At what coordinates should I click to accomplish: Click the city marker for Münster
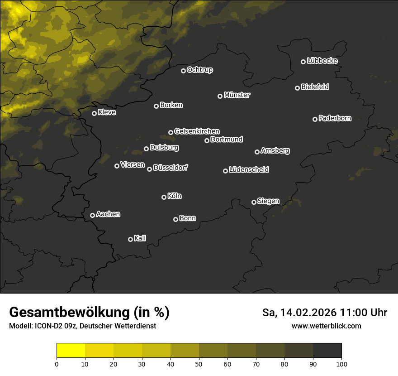coord(220,96)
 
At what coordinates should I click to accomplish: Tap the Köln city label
coord(175,196)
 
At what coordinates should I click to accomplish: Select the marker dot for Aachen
coord(92,215)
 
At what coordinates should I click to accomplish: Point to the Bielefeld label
coord(315,87)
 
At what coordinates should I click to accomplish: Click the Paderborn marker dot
coord(315,119)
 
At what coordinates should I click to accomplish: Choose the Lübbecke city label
coord(322,61)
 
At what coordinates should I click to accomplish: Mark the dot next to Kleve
coord(94,113)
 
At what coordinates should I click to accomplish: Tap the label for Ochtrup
coord(199,70)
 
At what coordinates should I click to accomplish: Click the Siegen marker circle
coord(254,202)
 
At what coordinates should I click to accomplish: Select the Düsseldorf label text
coord(171,168)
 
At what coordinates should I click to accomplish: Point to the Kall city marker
coord(130,239)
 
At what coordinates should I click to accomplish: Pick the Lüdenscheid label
coord(249,170)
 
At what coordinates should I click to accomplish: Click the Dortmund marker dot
coord(207,140)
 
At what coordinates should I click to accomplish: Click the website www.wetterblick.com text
coord(326,326)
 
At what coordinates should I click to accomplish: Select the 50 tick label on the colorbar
coord(199,364)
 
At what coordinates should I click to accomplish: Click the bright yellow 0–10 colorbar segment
coord(71,350)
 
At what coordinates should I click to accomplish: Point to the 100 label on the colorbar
coord(341,364)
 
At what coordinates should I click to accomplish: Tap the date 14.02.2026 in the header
coord(308,313)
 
